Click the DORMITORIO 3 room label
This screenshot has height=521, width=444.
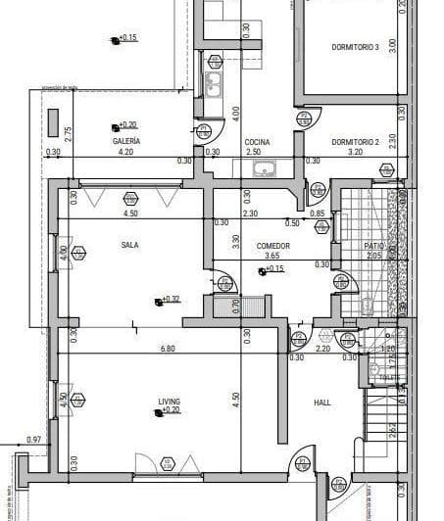point(355,46)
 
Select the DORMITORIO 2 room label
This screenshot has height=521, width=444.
point(354,141)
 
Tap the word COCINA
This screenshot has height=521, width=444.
point(257,142)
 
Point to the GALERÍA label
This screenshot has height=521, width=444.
point(125,142)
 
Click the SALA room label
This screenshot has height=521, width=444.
point(129,245)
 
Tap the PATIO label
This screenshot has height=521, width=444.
point(373,246)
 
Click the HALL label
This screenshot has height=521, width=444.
point(322,402)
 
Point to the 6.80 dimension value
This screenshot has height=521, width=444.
point(168,348)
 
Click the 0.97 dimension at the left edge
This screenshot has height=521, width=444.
point(34,440)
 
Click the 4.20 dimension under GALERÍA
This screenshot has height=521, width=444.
point(125,153)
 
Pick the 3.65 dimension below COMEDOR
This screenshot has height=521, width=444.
point(271,256)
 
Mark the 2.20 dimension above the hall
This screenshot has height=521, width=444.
point(323,348)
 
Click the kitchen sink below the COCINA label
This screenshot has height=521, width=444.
point(264,170)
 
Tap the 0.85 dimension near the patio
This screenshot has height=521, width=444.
point(317,213)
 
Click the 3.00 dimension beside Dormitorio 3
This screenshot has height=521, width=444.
point(392,44)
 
